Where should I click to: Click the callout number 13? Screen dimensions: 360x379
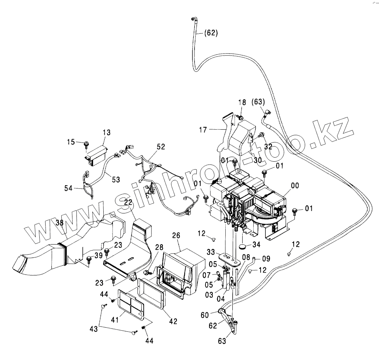click(x=106, y=132)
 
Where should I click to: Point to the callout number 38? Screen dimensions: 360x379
click(x=60, y=222)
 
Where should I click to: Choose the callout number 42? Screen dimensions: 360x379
click(x=173, y=321)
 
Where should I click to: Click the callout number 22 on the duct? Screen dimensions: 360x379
click(x=128, y=202)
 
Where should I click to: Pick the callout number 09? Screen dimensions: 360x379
click(x=266, y=259)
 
